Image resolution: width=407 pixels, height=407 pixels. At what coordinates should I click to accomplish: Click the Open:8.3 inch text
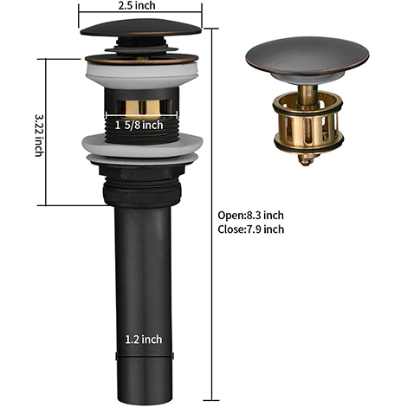click(x=250, y=215)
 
